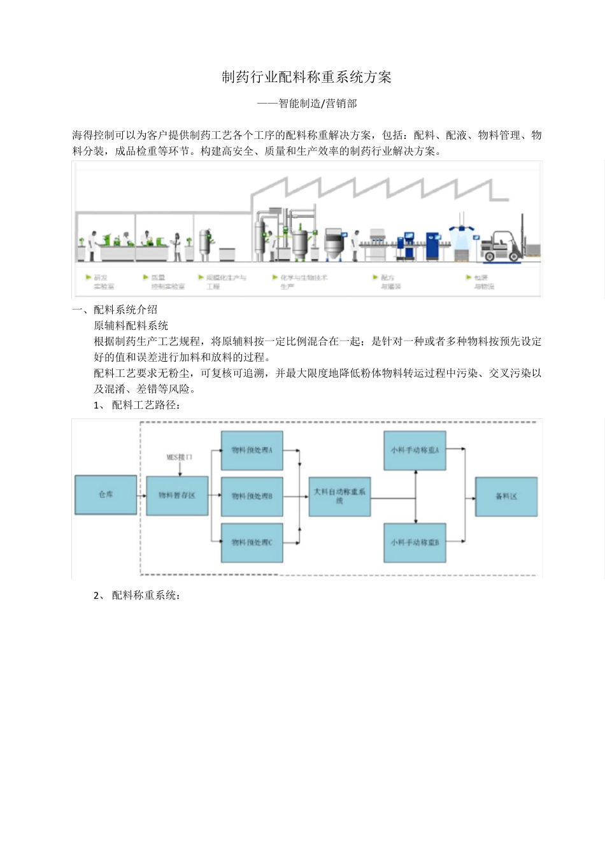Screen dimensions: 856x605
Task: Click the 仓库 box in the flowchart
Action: [106, 495]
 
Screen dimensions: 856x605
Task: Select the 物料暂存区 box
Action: [177, 496]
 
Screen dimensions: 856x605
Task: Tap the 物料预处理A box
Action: [252, 450]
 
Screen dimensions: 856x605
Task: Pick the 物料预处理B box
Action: [252, 496]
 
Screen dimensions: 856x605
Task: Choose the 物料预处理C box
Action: [252, 543]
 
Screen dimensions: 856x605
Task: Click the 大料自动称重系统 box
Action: [339, 496]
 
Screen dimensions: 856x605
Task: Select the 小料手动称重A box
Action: [415, 450]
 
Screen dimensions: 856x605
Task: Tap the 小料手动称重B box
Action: [415, 543]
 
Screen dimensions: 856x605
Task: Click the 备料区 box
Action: [506, 496]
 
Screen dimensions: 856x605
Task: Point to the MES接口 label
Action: [179, 457]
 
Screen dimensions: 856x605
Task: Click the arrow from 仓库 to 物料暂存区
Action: [141, 495]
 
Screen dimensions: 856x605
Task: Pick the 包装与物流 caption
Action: [483, 282]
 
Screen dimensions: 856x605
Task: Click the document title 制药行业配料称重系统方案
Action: [306, 77]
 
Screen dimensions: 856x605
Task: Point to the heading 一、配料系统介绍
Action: [115, 310]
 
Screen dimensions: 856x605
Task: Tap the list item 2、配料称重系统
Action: [137, 595]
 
